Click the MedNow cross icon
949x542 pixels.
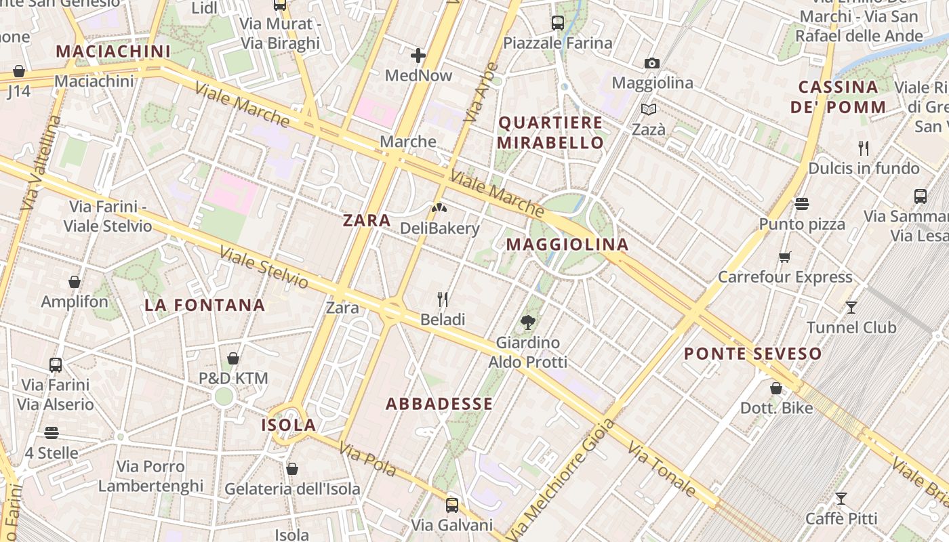point(418,56)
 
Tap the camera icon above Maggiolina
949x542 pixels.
point(651,63)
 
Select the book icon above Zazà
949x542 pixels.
point(649,109)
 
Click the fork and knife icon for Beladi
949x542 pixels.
point(443,299)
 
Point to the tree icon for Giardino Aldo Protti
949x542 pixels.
point(528,322)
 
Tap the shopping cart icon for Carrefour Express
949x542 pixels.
point(785,257)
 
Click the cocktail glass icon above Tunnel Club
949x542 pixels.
point(851,308)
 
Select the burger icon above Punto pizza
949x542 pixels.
point(802,204)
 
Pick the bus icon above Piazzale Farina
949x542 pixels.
point(557,23)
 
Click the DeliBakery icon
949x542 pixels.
point(439,208)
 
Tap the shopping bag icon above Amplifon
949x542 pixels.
point(75,282)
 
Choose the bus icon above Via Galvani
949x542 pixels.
point(451,505)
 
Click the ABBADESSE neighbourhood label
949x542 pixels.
point(439,404)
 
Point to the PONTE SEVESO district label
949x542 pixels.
point(752,354)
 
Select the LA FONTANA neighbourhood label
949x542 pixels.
point(205,305)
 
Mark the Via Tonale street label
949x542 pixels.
point(661,469)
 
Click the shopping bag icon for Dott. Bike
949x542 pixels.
point(776,388)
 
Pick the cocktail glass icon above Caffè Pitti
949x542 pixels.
point(841,499)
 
